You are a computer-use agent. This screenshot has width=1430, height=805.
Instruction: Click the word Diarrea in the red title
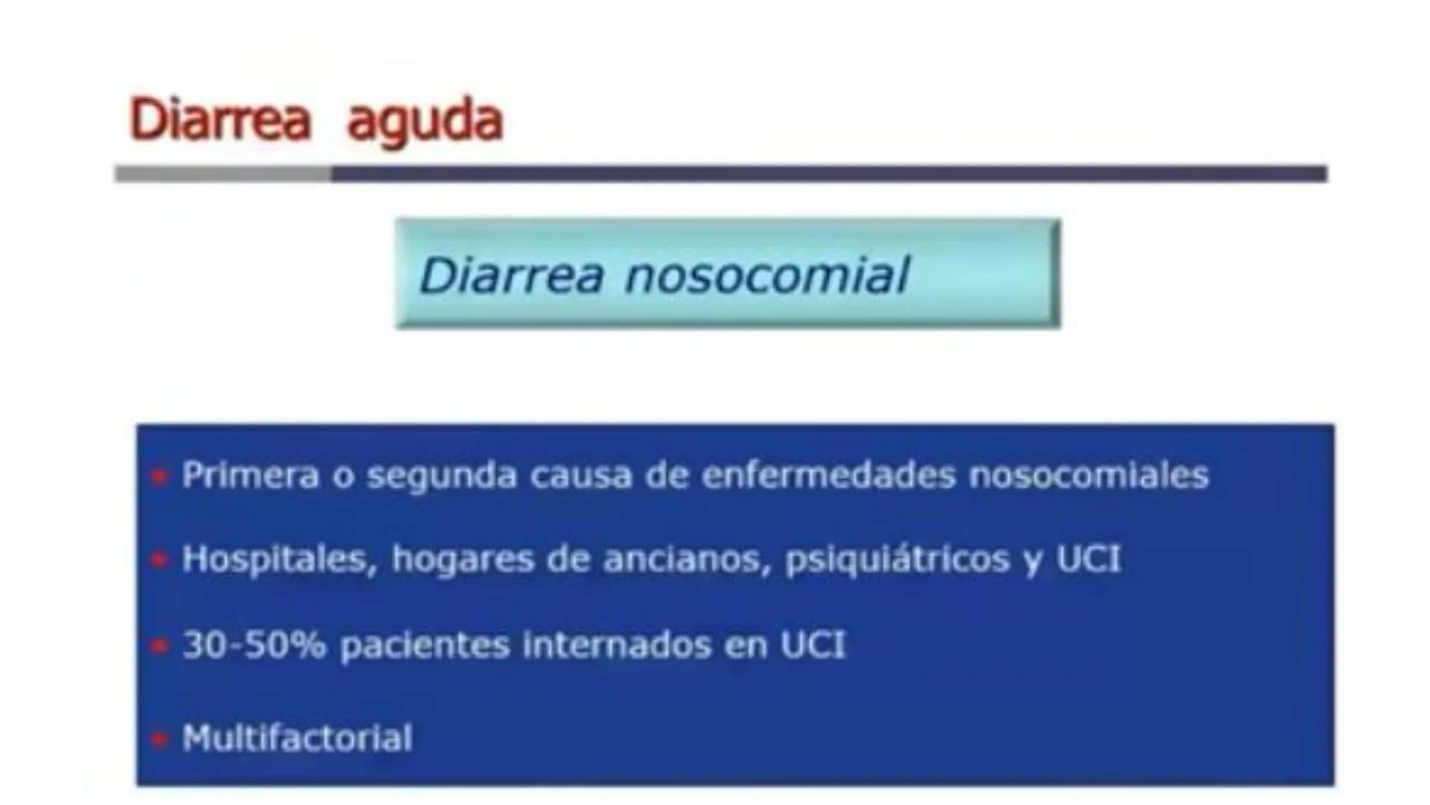point(220,120)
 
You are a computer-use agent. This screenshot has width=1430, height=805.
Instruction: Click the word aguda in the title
point(425,121)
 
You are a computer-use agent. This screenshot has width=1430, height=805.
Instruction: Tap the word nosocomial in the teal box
point(767,275)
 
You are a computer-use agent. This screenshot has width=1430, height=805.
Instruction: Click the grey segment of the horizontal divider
point(223,174)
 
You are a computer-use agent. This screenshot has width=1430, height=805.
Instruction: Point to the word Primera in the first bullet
point(250,476)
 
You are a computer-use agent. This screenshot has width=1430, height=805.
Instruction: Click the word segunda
point(441,476)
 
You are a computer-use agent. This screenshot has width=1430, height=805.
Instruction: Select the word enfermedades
point(828,476)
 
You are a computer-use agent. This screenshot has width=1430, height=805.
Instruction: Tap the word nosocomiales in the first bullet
point(1088,476)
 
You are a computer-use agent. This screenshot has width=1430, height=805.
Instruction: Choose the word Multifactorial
point(297,738)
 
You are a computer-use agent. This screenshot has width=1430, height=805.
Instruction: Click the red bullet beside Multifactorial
point(159,739)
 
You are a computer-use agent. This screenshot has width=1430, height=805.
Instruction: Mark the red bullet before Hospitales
point(159,559)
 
